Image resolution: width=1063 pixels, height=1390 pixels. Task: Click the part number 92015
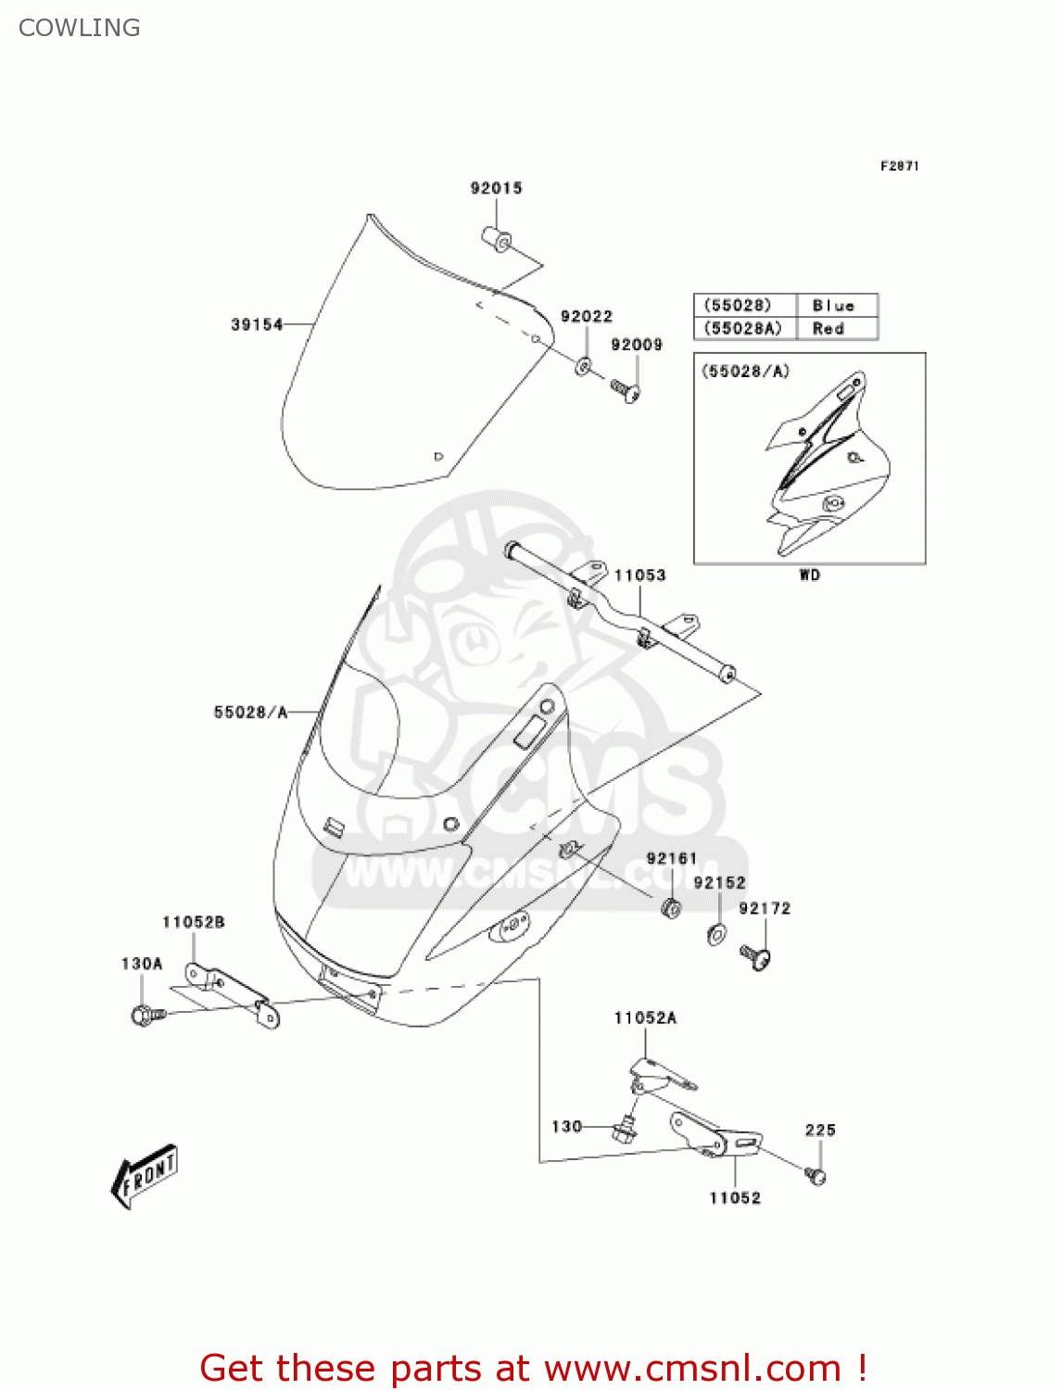pyautogui.click(x=496, y=188)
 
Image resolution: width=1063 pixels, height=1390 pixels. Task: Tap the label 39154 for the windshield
pyautogui.click(x=257, y=324)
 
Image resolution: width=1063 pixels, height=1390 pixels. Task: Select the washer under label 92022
pyautogui.click(x=583, y=365)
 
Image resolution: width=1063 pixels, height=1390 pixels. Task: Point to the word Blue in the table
pyautogui.click(x=832, y=305)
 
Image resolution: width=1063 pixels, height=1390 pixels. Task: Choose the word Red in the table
pyautogui.click(x=828, y=328)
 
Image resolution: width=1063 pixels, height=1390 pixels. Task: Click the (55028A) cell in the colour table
pyautogui.click(x=743, y=328)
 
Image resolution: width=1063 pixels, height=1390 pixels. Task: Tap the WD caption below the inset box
pyautogui.click(x=809, y=575)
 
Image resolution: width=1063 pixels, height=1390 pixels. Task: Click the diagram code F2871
pyautogui.click(x=899, y=166)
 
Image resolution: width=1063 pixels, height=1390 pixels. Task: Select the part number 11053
pyautogui.click(x=639, y=575)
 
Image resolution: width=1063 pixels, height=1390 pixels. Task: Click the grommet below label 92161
pyautogui.click(x=671, y=907)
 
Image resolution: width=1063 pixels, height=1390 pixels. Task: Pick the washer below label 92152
pyautogui.click(x=716, y=935)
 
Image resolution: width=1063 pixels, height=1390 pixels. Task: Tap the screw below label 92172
pyautogui.click(x=756, y=956)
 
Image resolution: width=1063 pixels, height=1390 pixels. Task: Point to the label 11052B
pyautogui.click(x=193, y=922)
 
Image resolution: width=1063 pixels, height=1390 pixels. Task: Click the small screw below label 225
pyautogui.click(x=816, y=1176)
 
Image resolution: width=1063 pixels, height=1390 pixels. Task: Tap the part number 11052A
pyautogui.click(x=645, y=1017)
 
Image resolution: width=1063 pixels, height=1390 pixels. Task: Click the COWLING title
pyautogui.click(x=80, y=28)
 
